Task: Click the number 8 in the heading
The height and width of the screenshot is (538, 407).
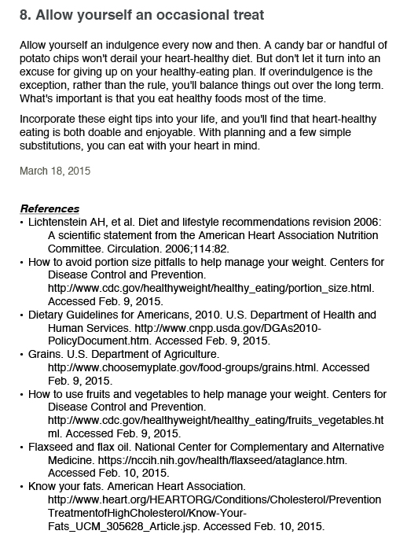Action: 23,15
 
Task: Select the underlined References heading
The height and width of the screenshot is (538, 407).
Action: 49,208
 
